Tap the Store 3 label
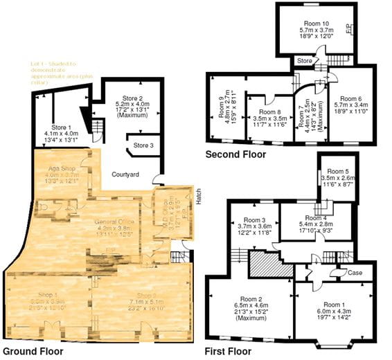click(143, 145)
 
